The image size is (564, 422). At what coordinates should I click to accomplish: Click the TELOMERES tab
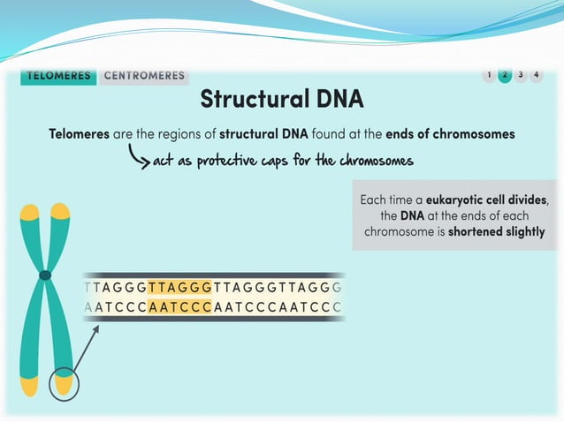[59, 76]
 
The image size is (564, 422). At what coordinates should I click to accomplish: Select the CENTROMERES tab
[144, 76]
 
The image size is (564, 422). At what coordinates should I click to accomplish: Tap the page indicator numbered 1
[489, 75]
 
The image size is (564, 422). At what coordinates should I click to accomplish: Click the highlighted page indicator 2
[505, 75]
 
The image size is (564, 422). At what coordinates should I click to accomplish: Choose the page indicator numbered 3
[521, 75]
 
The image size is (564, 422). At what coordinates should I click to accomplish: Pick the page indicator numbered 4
[537, 75]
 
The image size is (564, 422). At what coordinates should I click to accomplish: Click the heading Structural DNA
[281, 99]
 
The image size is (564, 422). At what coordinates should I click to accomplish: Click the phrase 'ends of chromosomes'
[450, 134]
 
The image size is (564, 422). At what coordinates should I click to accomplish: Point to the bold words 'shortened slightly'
[496, 233]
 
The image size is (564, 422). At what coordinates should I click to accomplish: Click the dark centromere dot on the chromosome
[45, 275]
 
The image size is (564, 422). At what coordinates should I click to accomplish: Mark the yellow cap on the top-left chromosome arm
[30, 212]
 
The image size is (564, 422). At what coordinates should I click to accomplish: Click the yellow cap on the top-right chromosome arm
[60, 211]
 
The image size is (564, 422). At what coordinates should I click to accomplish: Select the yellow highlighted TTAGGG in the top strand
[179, 287]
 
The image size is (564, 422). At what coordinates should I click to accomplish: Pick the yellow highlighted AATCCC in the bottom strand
[179, 307]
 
